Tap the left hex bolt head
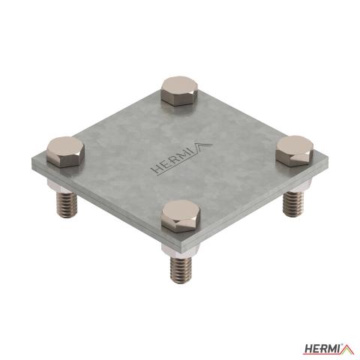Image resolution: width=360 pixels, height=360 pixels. [65, 152]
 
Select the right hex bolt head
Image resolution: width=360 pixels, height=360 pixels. [295, 151]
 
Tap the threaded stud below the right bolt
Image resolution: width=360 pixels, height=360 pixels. [293, 203]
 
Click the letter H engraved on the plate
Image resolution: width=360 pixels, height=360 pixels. [157, 168]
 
